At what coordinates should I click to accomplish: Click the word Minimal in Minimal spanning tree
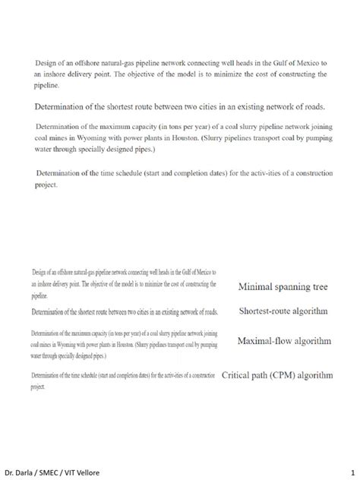point(257,288)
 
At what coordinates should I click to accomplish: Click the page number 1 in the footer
point(352,472)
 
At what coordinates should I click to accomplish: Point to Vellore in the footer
point(103,472)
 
